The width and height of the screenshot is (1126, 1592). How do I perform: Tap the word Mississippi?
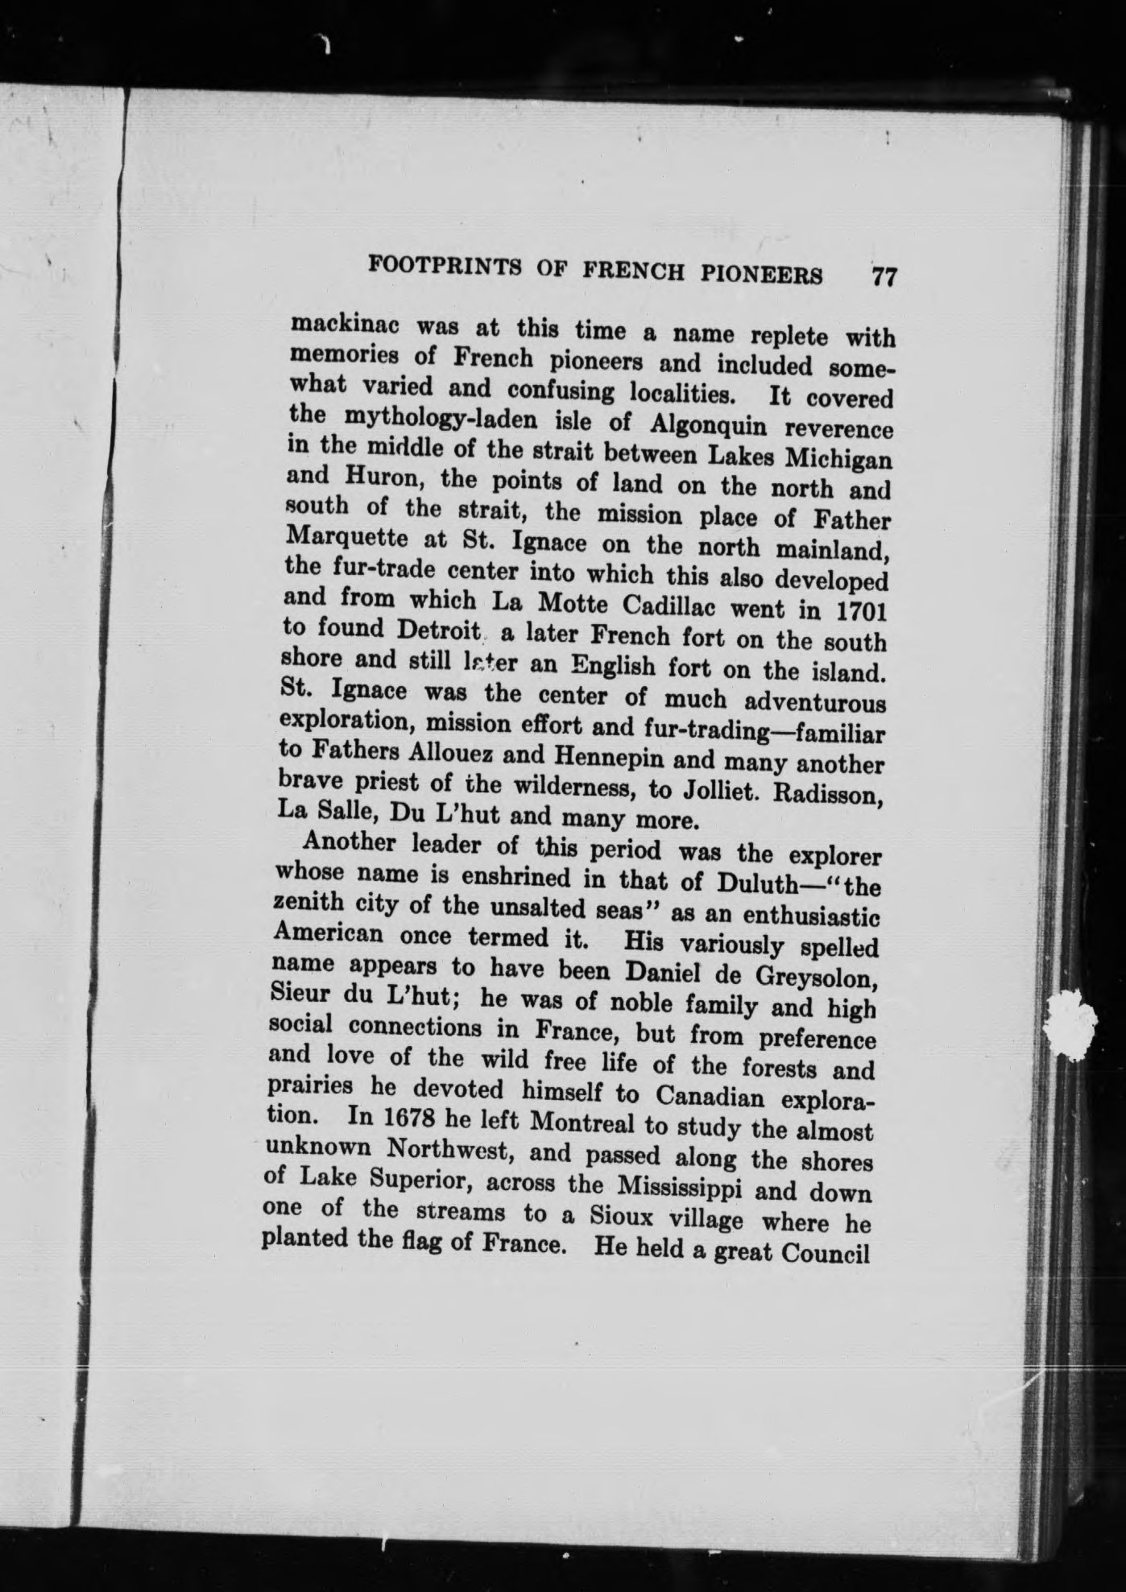tap(692, 1187)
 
